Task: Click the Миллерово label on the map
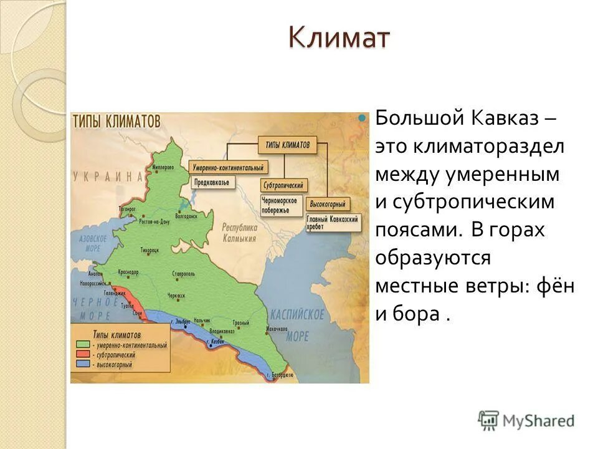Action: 164,168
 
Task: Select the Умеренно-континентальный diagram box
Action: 228,168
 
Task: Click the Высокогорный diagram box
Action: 328,203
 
